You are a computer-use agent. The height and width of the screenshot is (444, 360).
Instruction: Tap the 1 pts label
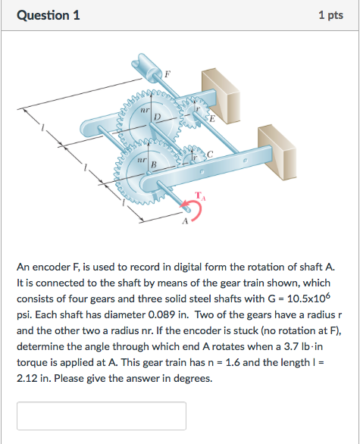click(332, 15)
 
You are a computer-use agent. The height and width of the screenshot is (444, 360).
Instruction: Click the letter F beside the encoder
click(168, 73)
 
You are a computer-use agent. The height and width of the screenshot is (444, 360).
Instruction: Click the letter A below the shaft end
click(183, 223)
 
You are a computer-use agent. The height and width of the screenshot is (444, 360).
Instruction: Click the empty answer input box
click(102, 416)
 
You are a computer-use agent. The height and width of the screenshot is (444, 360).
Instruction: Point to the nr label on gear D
click(143, 111)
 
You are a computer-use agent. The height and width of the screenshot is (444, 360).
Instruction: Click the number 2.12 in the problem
click(30, 377)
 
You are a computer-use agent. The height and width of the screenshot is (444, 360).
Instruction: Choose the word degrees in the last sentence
click(196, 377)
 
